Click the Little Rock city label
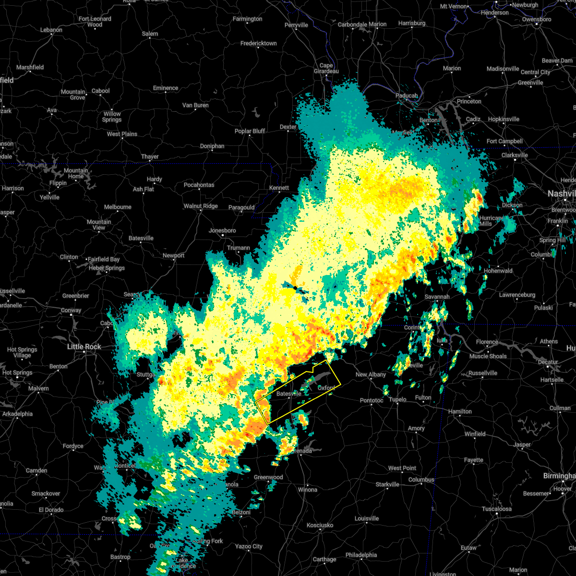[84, 347]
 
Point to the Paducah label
[407, 96]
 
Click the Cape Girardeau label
[326, 68]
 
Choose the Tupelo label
[397, 399]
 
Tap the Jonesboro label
[222, 230]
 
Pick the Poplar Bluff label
[250, 131]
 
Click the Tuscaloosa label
[497, 509]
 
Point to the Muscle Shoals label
[488, 356]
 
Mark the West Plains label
[122, 134]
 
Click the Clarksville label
[515, 155]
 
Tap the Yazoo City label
[249, 546]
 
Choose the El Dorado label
[51, 510]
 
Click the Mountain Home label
[76, 173]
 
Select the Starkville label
[387, 484]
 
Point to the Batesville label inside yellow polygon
[288, 394]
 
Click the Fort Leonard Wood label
[95, 22]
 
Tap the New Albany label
[371, 374]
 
